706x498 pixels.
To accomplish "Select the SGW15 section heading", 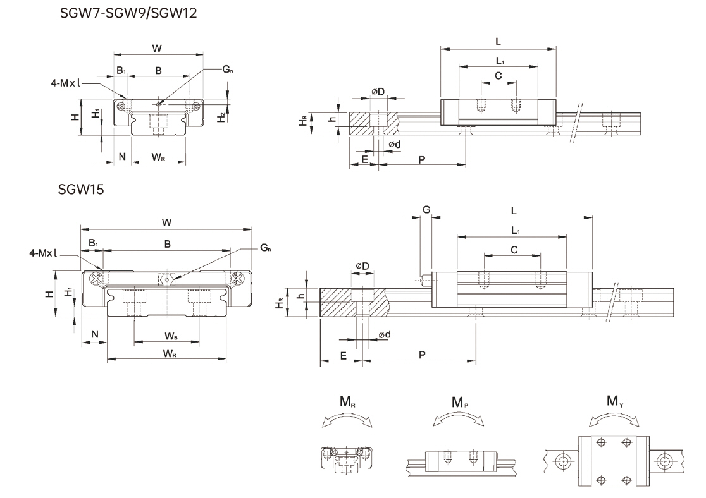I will click(80, 188).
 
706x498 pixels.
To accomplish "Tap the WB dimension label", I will click(171, 335).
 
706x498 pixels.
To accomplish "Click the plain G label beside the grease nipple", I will click(426, 209).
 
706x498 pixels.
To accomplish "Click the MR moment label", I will click(347, 401).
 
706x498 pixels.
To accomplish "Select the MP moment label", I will click(459, 402).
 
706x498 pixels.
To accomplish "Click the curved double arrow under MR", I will click(347, 422).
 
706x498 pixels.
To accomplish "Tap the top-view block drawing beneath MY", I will click(614, 461).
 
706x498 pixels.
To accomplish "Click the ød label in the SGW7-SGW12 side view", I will click(393, 145).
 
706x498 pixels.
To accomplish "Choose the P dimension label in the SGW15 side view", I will click(422, 355).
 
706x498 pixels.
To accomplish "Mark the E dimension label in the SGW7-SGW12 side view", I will click(364, 159).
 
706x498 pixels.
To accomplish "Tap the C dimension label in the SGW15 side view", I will click(514, 250).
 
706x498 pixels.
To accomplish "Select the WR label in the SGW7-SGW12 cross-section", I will click(159, 156).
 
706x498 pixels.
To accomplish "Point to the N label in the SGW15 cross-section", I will click(94, 334).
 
